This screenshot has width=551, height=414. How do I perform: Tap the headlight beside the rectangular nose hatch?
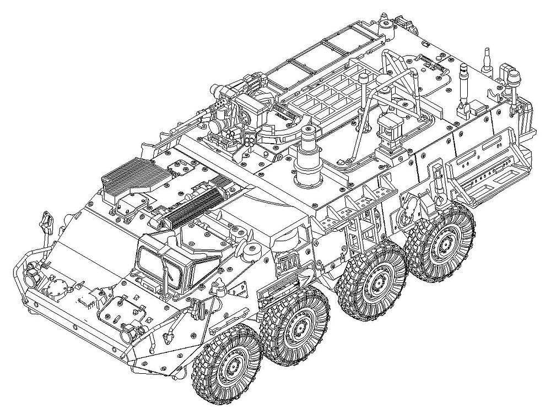[x=128, y=331]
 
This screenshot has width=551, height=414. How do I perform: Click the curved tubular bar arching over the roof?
[x=380, y=83]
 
